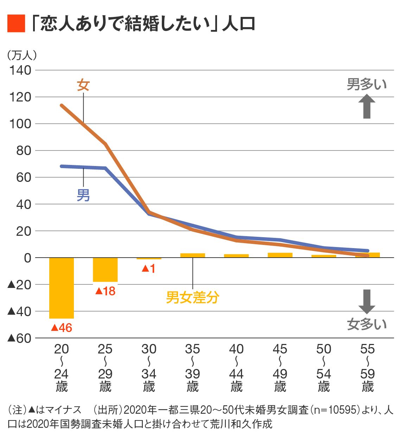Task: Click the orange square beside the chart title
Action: (16, 24)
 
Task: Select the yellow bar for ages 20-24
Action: (62, 288)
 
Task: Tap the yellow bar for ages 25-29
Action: (105, 270)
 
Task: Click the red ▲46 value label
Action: (62, 328)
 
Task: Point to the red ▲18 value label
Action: (105, 291)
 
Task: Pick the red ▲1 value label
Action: (148, 269)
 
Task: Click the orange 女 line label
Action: (83, 85)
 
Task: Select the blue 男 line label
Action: (83, 195)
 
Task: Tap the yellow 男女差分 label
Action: (192, 297)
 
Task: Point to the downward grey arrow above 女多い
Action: (367, 301)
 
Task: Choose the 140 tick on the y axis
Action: (20, 70)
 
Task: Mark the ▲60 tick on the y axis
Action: (19, 338)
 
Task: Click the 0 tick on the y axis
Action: (27, 258)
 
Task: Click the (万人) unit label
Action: (22, 55)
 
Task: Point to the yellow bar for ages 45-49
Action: (280, 255)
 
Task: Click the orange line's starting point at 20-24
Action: (62, 105)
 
